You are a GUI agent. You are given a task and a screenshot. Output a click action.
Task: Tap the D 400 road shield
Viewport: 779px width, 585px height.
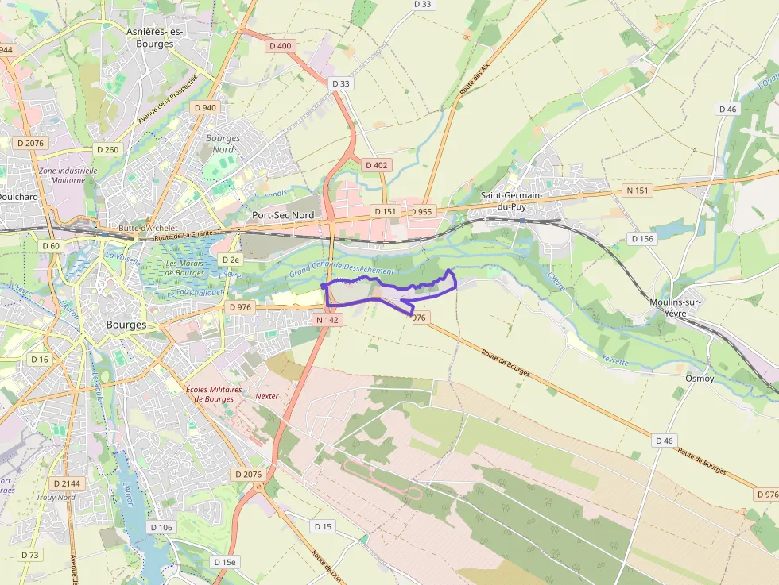coord(281,46)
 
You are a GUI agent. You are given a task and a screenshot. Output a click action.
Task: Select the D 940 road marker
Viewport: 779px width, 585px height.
coord(204,107)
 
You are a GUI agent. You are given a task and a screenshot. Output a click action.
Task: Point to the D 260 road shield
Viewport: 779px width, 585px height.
coord(107,149)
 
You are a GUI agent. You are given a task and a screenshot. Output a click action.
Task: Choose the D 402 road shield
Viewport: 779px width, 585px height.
coord(376,165)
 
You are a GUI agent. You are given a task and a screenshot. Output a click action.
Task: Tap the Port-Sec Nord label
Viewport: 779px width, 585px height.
coord(282,215)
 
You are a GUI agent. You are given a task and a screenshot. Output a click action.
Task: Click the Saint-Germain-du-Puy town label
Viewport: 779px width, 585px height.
coord(510,201)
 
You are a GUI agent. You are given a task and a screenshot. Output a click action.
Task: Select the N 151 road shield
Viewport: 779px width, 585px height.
coord(638,191)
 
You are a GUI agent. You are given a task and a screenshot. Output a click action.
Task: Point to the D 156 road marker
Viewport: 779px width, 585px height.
coord(642,238)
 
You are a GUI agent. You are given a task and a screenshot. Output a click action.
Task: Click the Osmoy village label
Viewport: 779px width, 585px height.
coord(700,379)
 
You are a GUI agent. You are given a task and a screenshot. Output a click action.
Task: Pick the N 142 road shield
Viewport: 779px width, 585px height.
coord(326,320)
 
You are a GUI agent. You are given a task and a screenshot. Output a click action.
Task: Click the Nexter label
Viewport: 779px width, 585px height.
coord(267,395)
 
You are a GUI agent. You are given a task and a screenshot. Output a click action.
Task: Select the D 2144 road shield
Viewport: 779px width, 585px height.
coord(67,483)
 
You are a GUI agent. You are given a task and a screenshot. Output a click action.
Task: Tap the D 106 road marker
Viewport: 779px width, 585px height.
coord(161,527)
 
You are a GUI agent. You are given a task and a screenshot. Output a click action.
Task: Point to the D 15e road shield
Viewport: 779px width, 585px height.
coord(226,562)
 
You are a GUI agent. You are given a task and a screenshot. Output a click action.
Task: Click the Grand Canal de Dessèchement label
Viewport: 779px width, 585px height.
coord(342,269)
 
